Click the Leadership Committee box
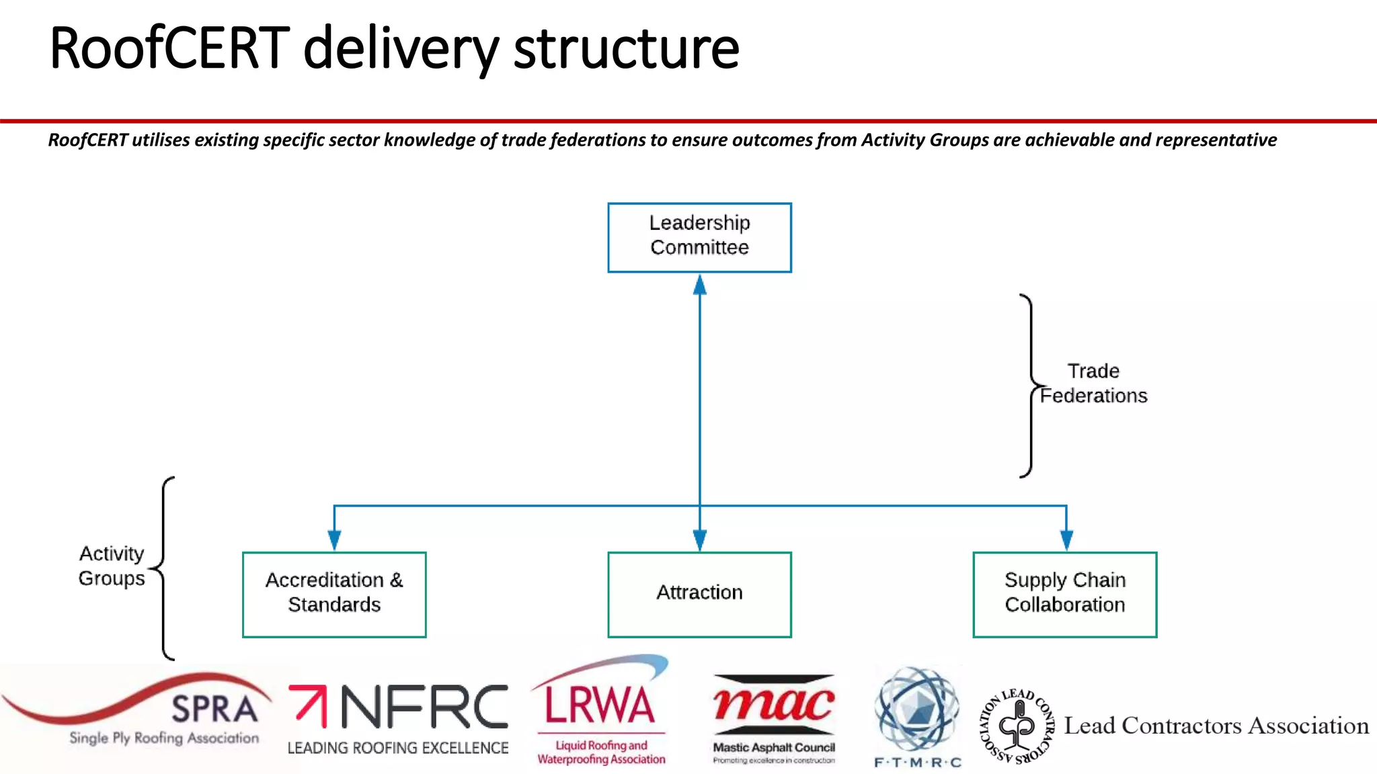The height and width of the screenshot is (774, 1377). click(x=699, y=237)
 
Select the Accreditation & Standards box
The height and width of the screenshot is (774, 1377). click(x=334, y=594)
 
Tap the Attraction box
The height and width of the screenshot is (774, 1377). click(x=699, y=594)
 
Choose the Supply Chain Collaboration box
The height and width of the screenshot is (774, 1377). click(x=1064, y=594)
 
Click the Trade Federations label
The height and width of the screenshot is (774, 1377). click(x=1093, y=384)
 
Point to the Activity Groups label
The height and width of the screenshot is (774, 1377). click(x=112, y=566)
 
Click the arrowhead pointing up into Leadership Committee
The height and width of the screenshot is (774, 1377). click(x=700, y=286)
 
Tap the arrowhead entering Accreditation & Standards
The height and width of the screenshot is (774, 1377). click(x=334, y=540)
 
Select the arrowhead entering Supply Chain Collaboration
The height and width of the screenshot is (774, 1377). click(x=1066, y=540)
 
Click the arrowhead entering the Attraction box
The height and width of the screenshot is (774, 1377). click(x=700, y=540)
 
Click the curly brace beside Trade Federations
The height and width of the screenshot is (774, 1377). click(x=1029, y=386)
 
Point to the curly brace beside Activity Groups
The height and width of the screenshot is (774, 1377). click(x=163, y=568)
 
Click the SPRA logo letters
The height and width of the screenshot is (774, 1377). click(x=214, y=709)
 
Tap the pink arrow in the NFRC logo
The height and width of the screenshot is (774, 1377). click(x=309, y=705)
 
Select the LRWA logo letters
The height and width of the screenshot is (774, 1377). click(x=599, y=705)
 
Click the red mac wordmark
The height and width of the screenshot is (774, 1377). click(x=774, y=703)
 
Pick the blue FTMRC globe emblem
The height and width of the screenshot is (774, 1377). click(x=917, y=708)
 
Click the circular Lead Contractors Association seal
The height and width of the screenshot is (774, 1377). click(x=1017, y=726)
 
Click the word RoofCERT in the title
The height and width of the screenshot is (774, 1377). click(x=169, y=48)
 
